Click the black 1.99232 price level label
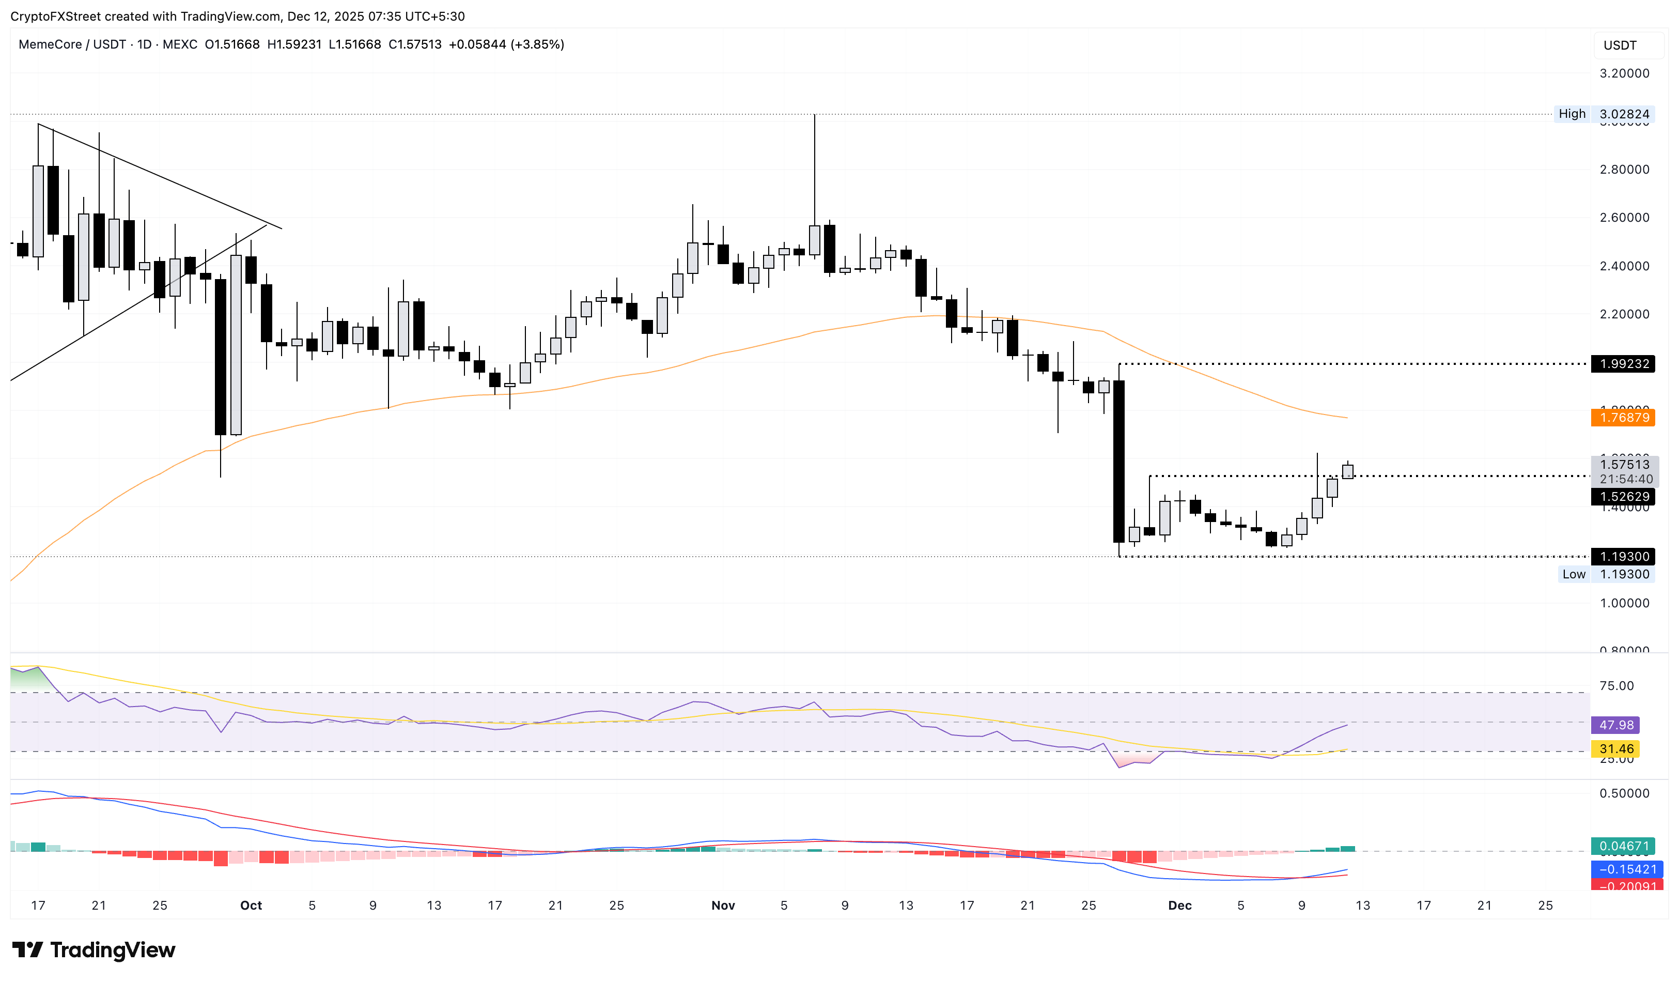[1623, 364]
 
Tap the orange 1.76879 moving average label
[1623, 418]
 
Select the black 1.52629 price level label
[1623, 497]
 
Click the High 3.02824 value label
[1623, 114]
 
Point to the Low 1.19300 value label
[1623, 574]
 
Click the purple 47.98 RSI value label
[1615, 725]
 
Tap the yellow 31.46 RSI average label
[1615, 749]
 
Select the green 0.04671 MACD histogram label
[1623, 847]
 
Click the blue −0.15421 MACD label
[1623, 870]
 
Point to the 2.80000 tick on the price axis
[1624, 170]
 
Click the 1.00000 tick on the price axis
[1624, 603]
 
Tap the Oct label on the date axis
[251, 906]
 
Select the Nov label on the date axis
[723, 906]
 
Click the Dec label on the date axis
[1180, 906]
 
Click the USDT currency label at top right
[1620, 45]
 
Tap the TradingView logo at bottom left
[94, 949]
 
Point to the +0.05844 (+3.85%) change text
[506, 44]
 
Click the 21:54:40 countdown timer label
[1626, 479]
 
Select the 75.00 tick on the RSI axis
[1616, 686]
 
